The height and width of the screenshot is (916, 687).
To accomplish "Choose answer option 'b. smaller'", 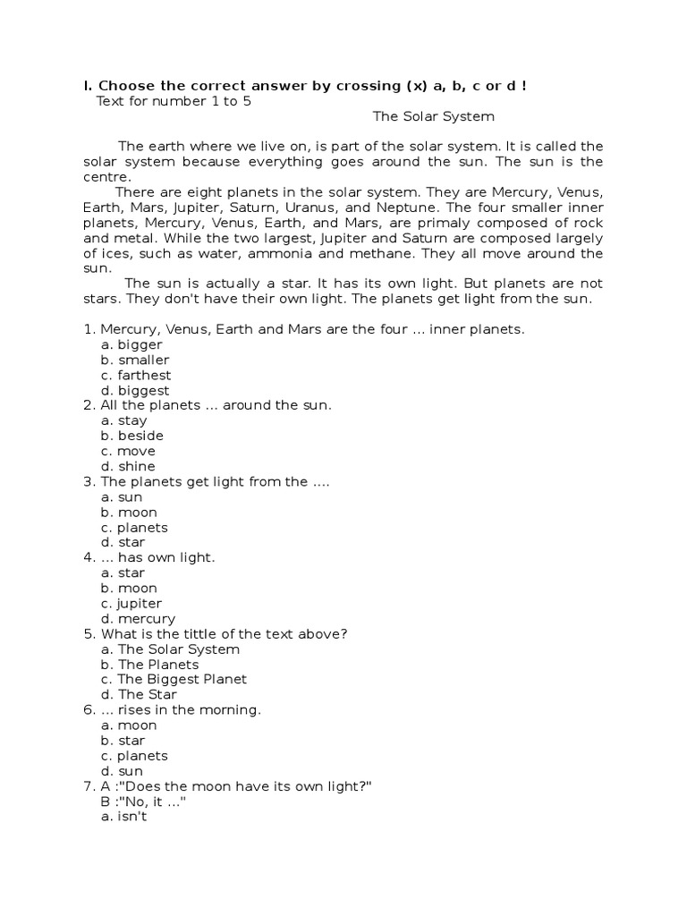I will (135, 360).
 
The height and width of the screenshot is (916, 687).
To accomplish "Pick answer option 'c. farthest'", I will (136, 375).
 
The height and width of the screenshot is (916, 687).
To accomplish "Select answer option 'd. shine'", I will (129, 466).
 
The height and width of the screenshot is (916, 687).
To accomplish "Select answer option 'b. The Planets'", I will (150, 665).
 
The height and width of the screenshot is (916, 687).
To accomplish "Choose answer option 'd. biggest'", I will (135, 390).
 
